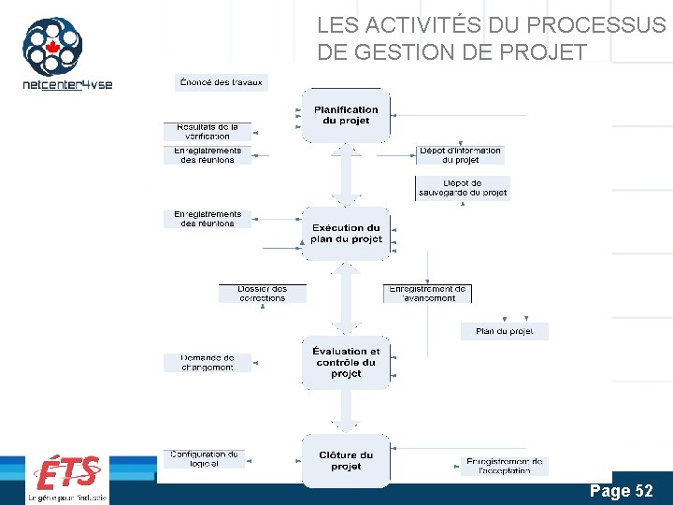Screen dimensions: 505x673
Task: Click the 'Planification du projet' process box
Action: click(346, 115)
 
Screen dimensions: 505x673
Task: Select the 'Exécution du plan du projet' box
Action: click(346, 233)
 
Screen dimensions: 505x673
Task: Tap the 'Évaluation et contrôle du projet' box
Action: click(346, 362)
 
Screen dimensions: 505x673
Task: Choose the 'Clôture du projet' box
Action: click(346, 460)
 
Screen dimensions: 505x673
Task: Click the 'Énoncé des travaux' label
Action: click(221, 82)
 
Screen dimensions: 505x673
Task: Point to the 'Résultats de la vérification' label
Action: click(208, 132)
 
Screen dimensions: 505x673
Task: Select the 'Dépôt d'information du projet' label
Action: click(461, 154)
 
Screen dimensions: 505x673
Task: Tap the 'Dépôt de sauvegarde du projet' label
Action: click(463, 188)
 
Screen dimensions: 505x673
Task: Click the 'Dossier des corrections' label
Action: click(263, 293)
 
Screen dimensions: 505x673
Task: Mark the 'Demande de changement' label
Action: click(208, 363)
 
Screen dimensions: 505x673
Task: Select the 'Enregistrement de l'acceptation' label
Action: click(504, 466)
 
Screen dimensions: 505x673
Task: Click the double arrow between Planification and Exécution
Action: click(346, 175)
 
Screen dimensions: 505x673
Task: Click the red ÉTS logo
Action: click(66, 473)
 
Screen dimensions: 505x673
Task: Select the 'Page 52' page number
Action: click(621, 491)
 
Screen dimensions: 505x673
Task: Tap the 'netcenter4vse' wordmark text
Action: click(66, 84)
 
